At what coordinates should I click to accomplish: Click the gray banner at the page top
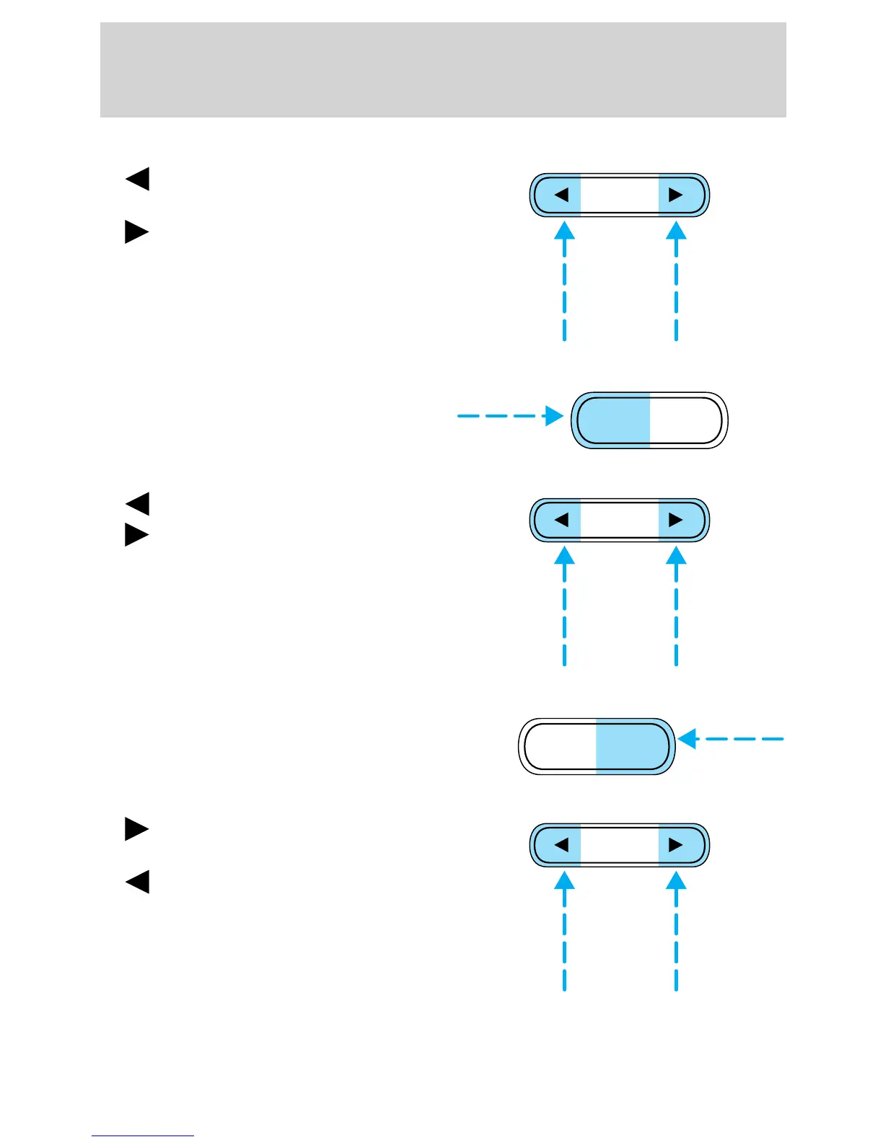tap(442, 69)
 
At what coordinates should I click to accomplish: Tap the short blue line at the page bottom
tap(143, 1136)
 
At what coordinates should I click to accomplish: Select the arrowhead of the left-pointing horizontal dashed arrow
tap(687, 739)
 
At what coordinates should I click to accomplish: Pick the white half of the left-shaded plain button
tap(685, 420)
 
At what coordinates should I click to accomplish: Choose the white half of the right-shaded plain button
tap(560, 746)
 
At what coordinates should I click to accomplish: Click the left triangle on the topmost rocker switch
tap(561, 195)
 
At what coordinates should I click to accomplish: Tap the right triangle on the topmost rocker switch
tap(676, 195)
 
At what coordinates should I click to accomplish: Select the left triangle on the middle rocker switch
tap(561, 520)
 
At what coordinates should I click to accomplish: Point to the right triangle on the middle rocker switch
tap(676, 520)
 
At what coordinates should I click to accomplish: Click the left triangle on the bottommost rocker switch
tap(561, 845)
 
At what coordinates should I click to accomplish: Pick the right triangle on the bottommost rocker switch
tap(676, 845)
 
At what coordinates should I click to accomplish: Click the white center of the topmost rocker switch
tap(619, 195)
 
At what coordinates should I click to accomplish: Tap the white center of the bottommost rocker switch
tap(619, 845)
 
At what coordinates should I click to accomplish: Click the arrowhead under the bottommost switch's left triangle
tap(564, 880)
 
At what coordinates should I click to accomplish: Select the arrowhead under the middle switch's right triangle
tap(676, 555)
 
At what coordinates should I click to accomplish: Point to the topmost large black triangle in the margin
tap(138, 179)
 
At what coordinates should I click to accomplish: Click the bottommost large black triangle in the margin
tap(138, 882)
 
